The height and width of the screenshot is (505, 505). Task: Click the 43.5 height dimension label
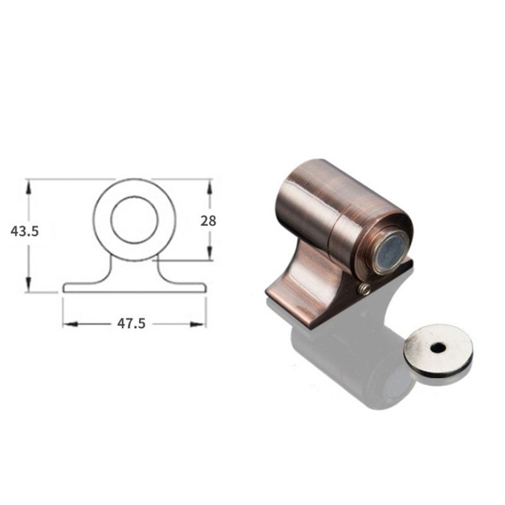click(x=25, y=232)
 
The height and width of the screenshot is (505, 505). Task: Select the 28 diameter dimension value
click(x=208, y=221)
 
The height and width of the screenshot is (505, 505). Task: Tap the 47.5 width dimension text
click(x=131, y=323)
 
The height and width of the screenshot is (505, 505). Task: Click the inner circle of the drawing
click(x=134, y=220)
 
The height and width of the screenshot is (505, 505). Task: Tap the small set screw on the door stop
click(x=364, y=289)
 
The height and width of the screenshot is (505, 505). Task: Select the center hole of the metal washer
click(x=437, y=347)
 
